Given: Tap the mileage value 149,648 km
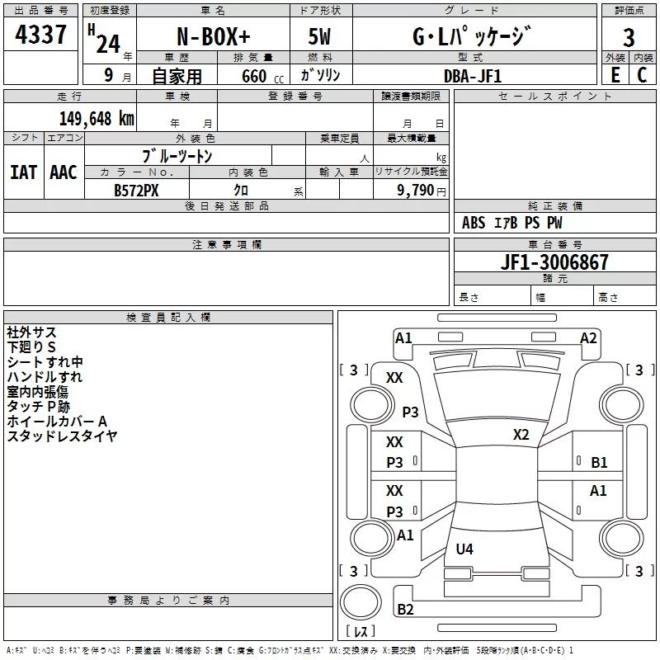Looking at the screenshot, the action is point(97,118).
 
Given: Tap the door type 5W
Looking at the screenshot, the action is point(319,38).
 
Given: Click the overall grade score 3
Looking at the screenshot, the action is point(629,37).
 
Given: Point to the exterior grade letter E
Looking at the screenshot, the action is point(615,75).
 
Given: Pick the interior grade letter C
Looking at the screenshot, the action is point(642,75).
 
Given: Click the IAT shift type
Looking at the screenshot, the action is point(23,172).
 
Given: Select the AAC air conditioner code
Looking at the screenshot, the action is point(63,172).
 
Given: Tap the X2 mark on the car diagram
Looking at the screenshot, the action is point(521,435).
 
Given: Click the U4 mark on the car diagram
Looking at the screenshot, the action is point(464,549).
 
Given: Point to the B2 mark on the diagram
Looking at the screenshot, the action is point(405,610).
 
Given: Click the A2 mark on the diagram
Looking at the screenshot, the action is point(588,337).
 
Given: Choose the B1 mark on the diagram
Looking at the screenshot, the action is point(599,463).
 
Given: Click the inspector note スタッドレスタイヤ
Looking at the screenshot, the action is point(62,436).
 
